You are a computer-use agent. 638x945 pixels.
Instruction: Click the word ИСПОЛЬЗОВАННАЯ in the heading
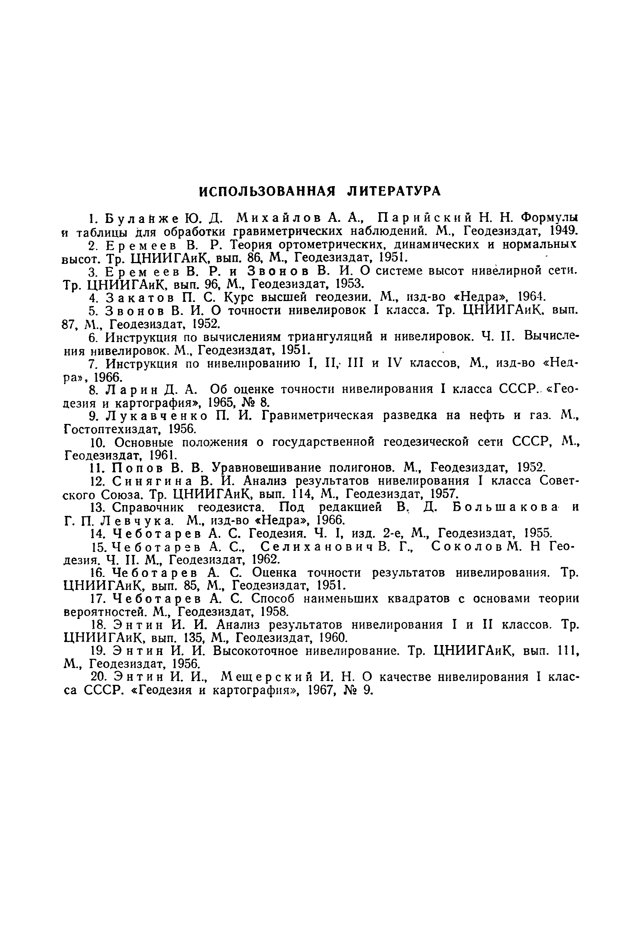[267, 191]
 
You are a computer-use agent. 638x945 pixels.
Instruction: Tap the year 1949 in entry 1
[564, 232]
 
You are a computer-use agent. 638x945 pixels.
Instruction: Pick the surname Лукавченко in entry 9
[159, 416]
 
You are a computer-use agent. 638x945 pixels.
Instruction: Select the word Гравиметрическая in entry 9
[318, 416]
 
